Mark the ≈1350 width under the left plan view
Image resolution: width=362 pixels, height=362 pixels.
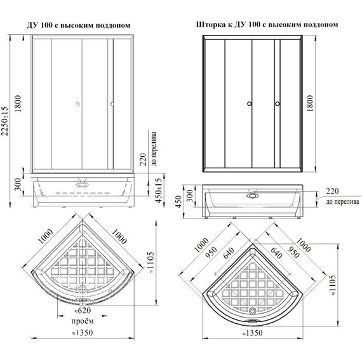pos(79,333)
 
